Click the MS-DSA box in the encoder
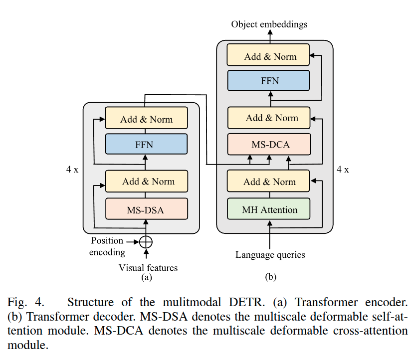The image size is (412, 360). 146,210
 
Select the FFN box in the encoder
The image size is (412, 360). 146,145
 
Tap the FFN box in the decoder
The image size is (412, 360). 269,80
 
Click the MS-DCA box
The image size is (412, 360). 269,145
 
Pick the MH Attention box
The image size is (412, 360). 269,209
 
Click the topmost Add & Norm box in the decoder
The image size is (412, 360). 269,56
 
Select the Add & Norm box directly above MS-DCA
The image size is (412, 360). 269,118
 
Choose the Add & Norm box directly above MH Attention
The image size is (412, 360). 269,181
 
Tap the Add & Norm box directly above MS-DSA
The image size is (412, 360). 146,181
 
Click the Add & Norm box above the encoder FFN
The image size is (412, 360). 146,119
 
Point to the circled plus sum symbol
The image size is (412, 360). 146,242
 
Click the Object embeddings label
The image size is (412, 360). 269,24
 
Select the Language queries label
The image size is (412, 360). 270,255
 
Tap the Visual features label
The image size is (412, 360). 148,268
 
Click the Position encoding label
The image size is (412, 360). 107,247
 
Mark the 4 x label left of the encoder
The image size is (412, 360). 72,170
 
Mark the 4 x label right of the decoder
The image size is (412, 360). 343,170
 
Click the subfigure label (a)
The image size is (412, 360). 146,277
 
